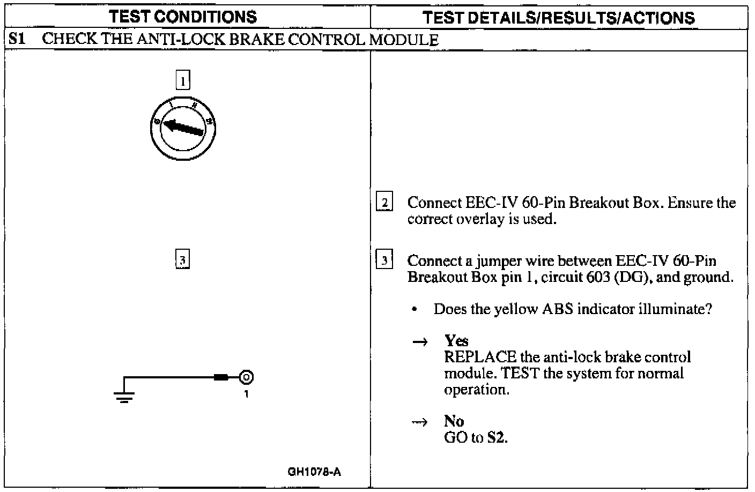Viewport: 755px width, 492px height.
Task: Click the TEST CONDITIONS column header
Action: click(183, 17)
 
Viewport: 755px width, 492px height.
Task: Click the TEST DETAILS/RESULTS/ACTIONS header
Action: click(558, 18)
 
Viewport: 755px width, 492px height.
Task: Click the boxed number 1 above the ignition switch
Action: click(183, 81)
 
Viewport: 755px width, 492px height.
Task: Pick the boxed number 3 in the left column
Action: click(182, 260)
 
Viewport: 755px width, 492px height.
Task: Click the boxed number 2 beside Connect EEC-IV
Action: click(384, 203)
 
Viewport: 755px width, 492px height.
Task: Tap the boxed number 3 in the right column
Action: click(384, 260)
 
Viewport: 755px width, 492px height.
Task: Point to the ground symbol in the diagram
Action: click(124, 397)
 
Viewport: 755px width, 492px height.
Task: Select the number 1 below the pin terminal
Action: click(246, 394)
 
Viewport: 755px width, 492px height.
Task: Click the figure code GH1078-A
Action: click(314, 472)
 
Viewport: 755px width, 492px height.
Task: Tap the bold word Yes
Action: click(456, 341)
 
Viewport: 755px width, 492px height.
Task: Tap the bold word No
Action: click(454, 421)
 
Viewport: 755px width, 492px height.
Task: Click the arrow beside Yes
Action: click(420, 342)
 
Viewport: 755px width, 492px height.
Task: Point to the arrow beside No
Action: click(420, 422)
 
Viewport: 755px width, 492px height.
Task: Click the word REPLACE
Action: click(480, 357)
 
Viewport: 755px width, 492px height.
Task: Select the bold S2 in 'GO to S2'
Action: click(496, 437)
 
